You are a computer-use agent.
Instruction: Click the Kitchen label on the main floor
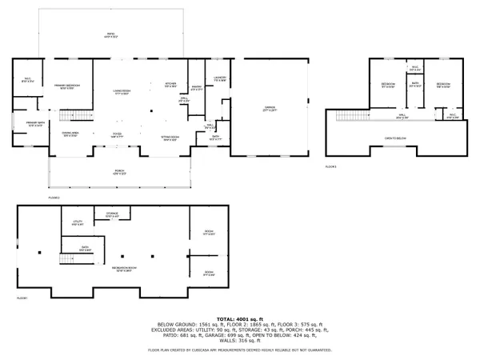coord(170,85)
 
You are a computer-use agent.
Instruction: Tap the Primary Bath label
coord(35,124)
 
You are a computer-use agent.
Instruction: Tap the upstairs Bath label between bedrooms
coord(414,84)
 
